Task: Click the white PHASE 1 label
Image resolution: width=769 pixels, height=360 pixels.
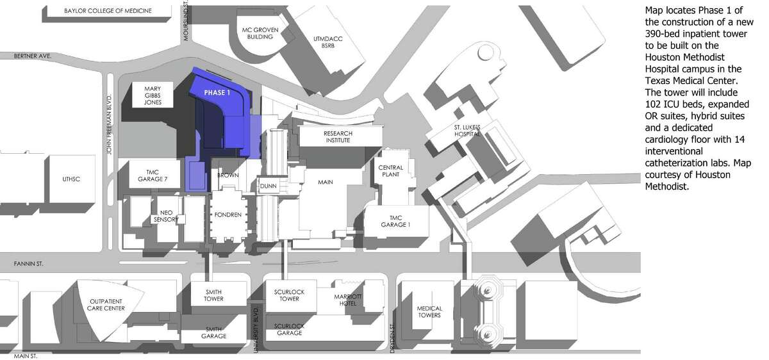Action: click(217, 93)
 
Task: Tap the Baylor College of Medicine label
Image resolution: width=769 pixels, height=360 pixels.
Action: click(108, 11)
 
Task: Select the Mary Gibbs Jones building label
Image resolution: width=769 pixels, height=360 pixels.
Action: click(153, 95)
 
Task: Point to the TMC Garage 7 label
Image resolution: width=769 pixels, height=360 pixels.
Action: click(153, 176)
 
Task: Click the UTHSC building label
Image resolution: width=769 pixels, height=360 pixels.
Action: click(71, 179)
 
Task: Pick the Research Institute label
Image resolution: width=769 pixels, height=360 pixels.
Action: click(338, 136)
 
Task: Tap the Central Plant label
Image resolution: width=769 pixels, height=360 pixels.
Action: click(391, 171)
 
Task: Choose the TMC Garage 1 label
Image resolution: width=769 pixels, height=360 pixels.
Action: click(395, 222)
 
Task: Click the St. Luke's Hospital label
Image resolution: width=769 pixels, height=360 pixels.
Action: click(467, 131)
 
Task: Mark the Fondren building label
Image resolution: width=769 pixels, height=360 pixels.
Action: click(228, 215)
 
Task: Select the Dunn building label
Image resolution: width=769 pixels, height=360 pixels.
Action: click(269, 186)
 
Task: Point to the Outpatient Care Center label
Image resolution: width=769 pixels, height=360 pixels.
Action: click(106, 305)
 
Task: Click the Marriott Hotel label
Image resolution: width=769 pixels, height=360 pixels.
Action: click(348, 300)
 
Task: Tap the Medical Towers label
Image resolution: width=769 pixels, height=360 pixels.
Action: click(429, 311)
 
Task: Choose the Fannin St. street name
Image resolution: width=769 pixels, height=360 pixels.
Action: click(28, 264)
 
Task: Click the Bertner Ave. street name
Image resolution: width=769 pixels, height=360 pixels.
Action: click(33, 56)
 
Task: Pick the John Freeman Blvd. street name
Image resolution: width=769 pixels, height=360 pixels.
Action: click(110, 125)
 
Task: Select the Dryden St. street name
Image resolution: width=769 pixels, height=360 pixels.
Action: click(393, 338)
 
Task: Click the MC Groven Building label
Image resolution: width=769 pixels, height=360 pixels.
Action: click(260, 33)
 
